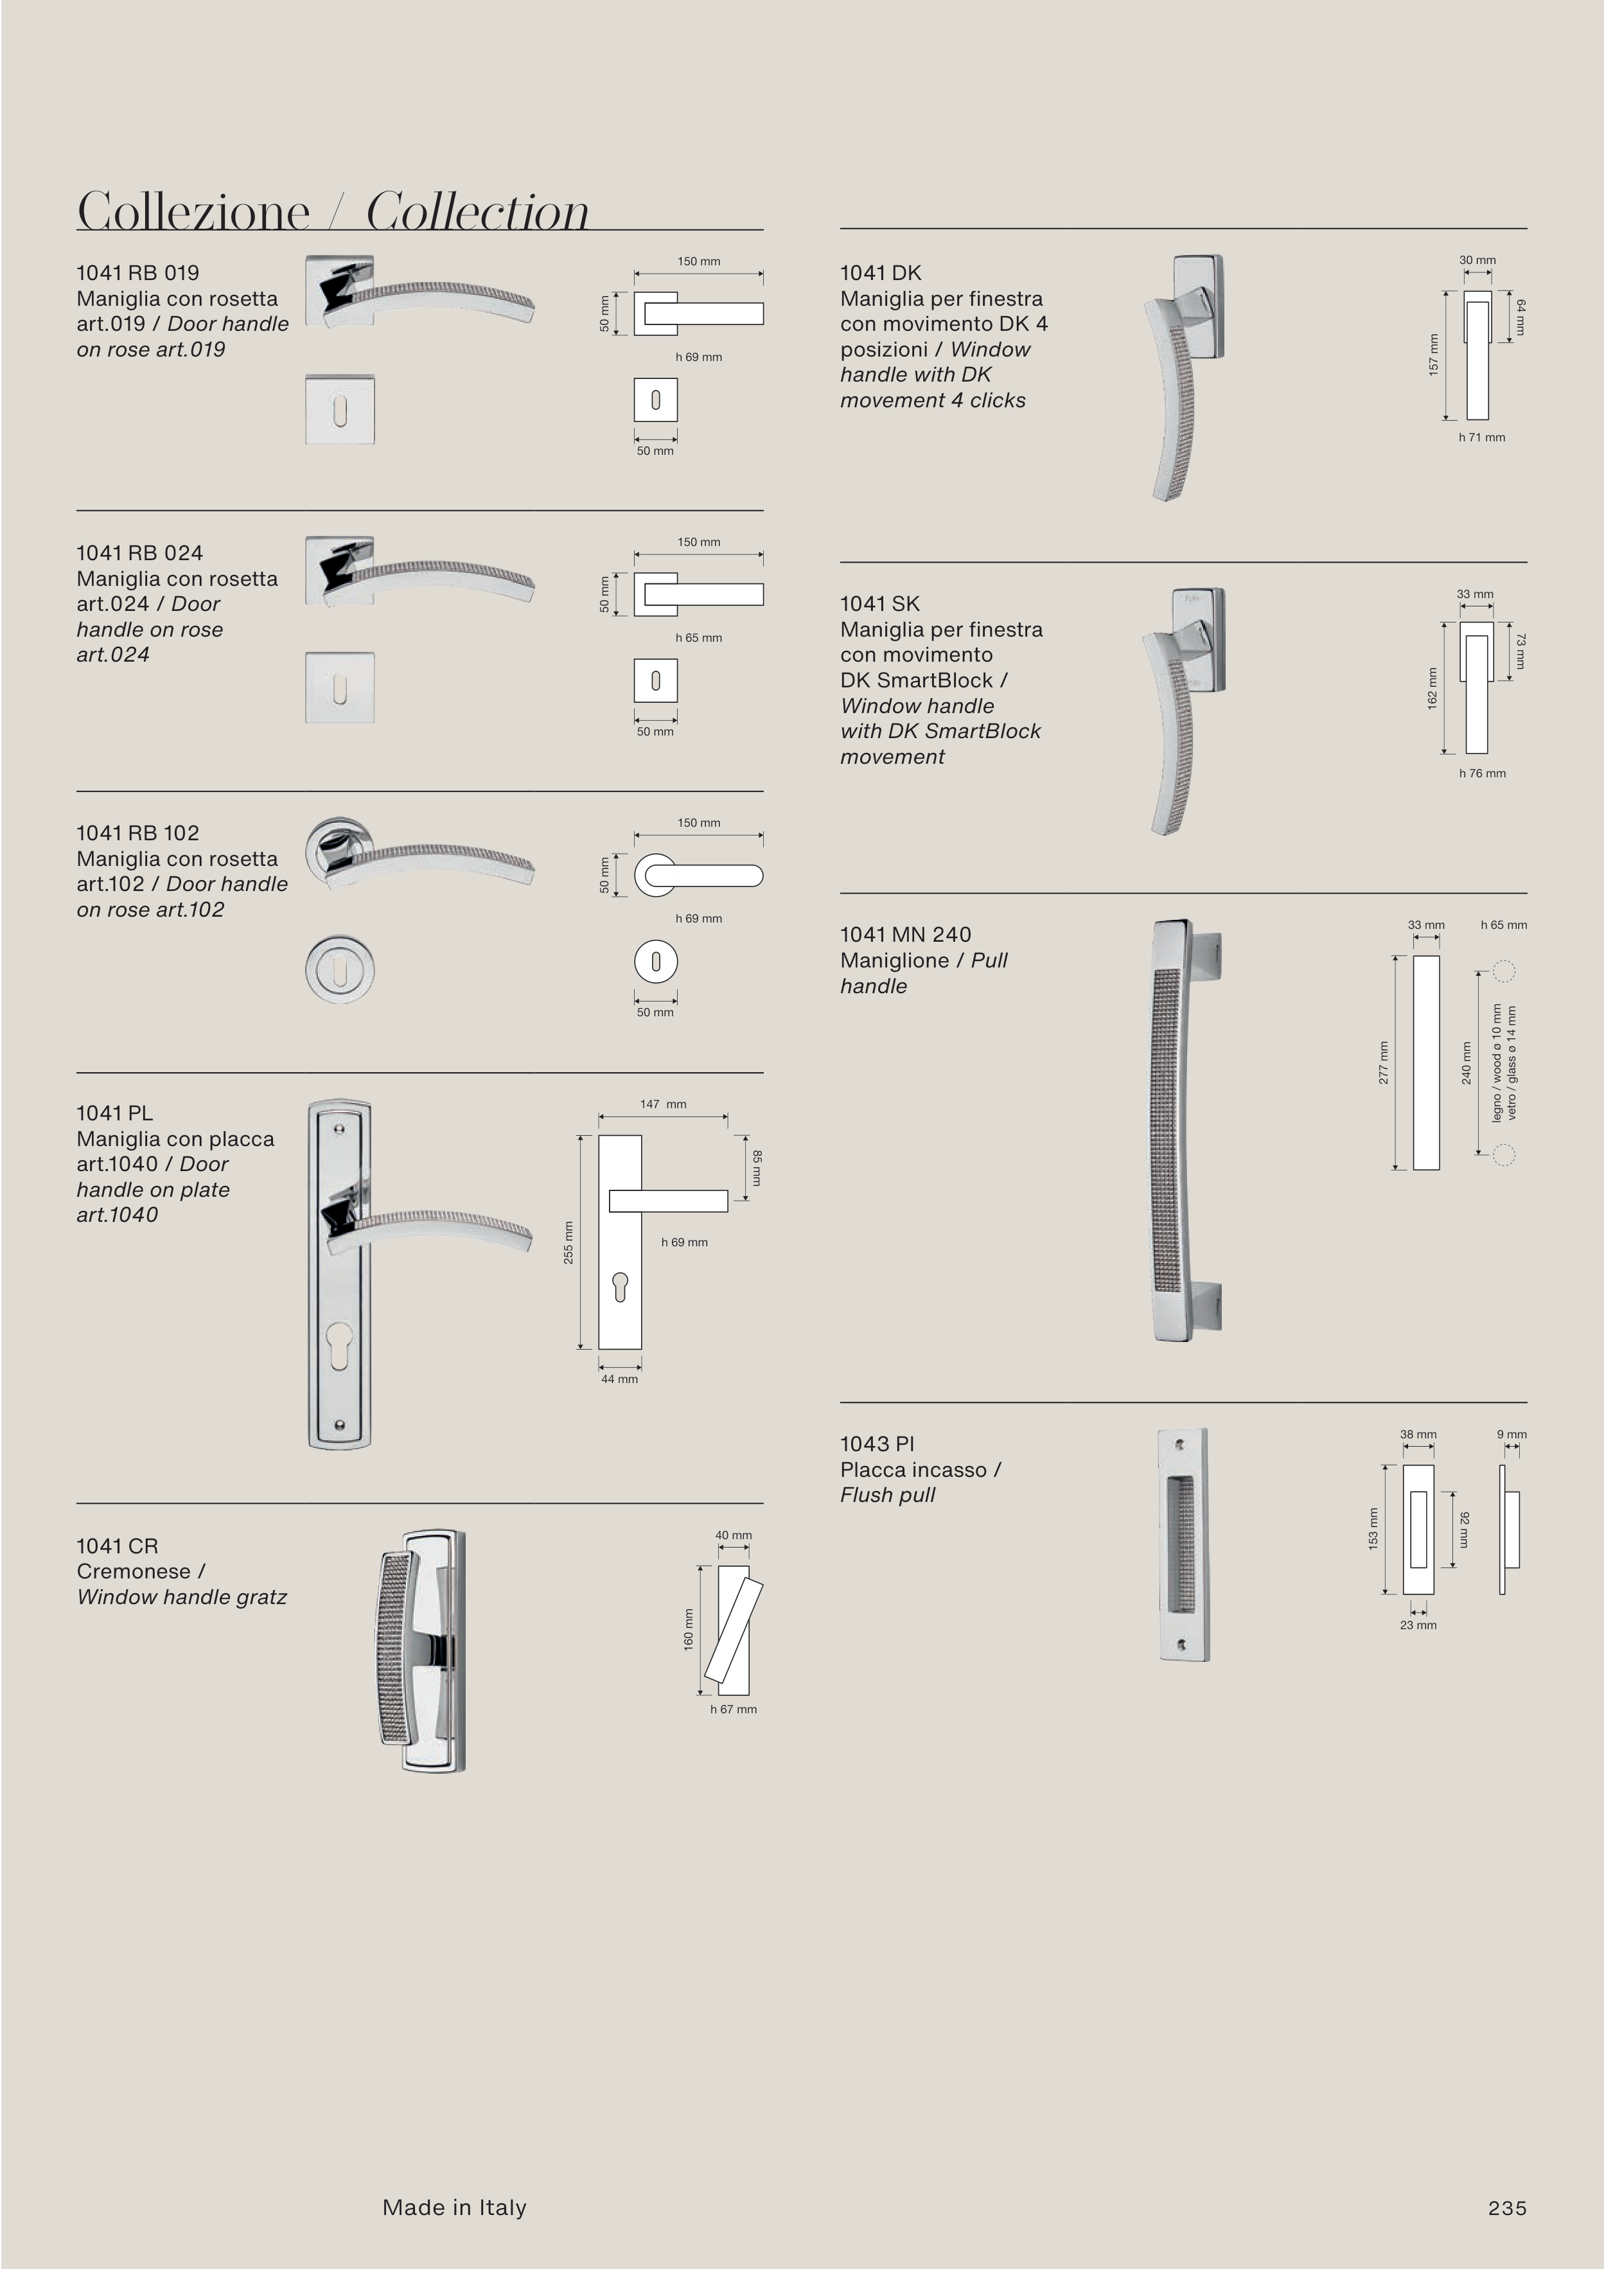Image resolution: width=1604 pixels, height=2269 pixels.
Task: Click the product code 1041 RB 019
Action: coord(137,273)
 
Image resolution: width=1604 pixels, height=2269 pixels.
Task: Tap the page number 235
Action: coord(1507,2208)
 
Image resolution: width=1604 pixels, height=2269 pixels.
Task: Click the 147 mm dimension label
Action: coord(663,1104)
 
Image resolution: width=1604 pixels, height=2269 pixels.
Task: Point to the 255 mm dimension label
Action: coord(568,1242)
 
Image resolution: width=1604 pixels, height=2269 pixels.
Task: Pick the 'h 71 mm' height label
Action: coord(1481,437)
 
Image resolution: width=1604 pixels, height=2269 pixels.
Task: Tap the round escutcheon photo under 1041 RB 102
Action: coord(340,969)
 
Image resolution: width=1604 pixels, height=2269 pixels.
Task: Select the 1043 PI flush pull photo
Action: coord(1183,1544)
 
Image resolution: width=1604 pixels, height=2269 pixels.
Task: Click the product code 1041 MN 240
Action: coord(905,935)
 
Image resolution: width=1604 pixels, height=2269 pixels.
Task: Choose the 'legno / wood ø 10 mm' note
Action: coord(1496,1063)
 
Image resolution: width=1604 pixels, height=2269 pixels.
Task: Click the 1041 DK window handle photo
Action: coord(1184,378)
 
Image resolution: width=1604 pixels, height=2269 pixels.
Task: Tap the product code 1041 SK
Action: coord(879,604)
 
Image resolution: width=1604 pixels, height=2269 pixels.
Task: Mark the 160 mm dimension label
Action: coord(689,1629)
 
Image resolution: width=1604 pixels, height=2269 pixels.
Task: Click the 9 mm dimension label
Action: coord(1511,1434)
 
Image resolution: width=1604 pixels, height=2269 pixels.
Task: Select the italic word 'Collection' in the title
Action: coord(477,211)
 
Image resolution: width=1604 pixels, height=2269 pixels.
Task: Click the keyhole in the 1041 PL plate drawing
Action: coord(620,1287)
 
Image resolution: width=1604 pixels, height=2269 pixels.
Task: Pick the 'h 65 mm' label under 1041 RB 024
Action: coord(699,637)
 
